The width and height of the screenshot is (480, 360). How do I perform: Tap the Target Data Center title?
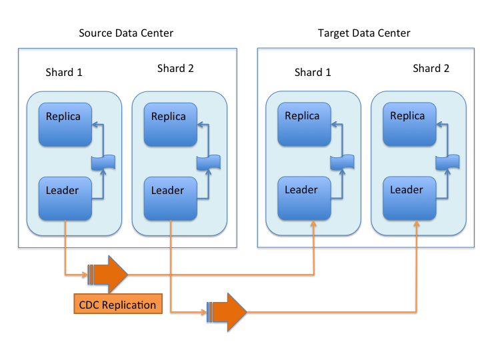[x=364, y=33]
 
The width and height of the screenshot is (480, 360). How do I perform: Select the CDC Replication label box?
[x=118, y=305]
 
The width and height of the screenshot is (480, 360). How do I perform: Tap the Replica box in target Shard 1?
[x=303, y=123]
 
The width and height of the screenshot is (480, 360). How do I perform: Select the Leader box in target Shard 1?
[x=303, y=197]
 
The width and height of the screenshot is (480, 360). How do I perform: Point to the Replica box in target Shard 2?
[x=409, y=123]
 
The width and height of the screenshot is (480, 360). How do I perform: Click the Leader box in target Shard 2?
[x=409, y=197]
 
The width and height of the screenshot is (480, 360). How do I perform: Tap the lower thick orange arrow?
[x=227, y=311]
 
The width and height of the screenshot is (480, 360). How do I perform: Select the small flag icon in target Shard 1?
[x=343, y=161]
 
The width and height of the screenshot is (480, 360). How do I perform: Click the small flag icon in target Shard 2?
[x=448, y=161]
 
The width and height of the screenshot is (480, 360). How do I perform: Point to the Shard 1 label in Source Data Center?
[x=64, y=72]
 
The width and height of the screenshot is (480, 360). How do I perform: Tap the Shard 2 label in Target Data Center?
[x=431, y=68]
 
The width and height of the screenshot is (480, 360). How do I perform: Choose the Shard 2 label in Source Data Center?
[x=175, y=68]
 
